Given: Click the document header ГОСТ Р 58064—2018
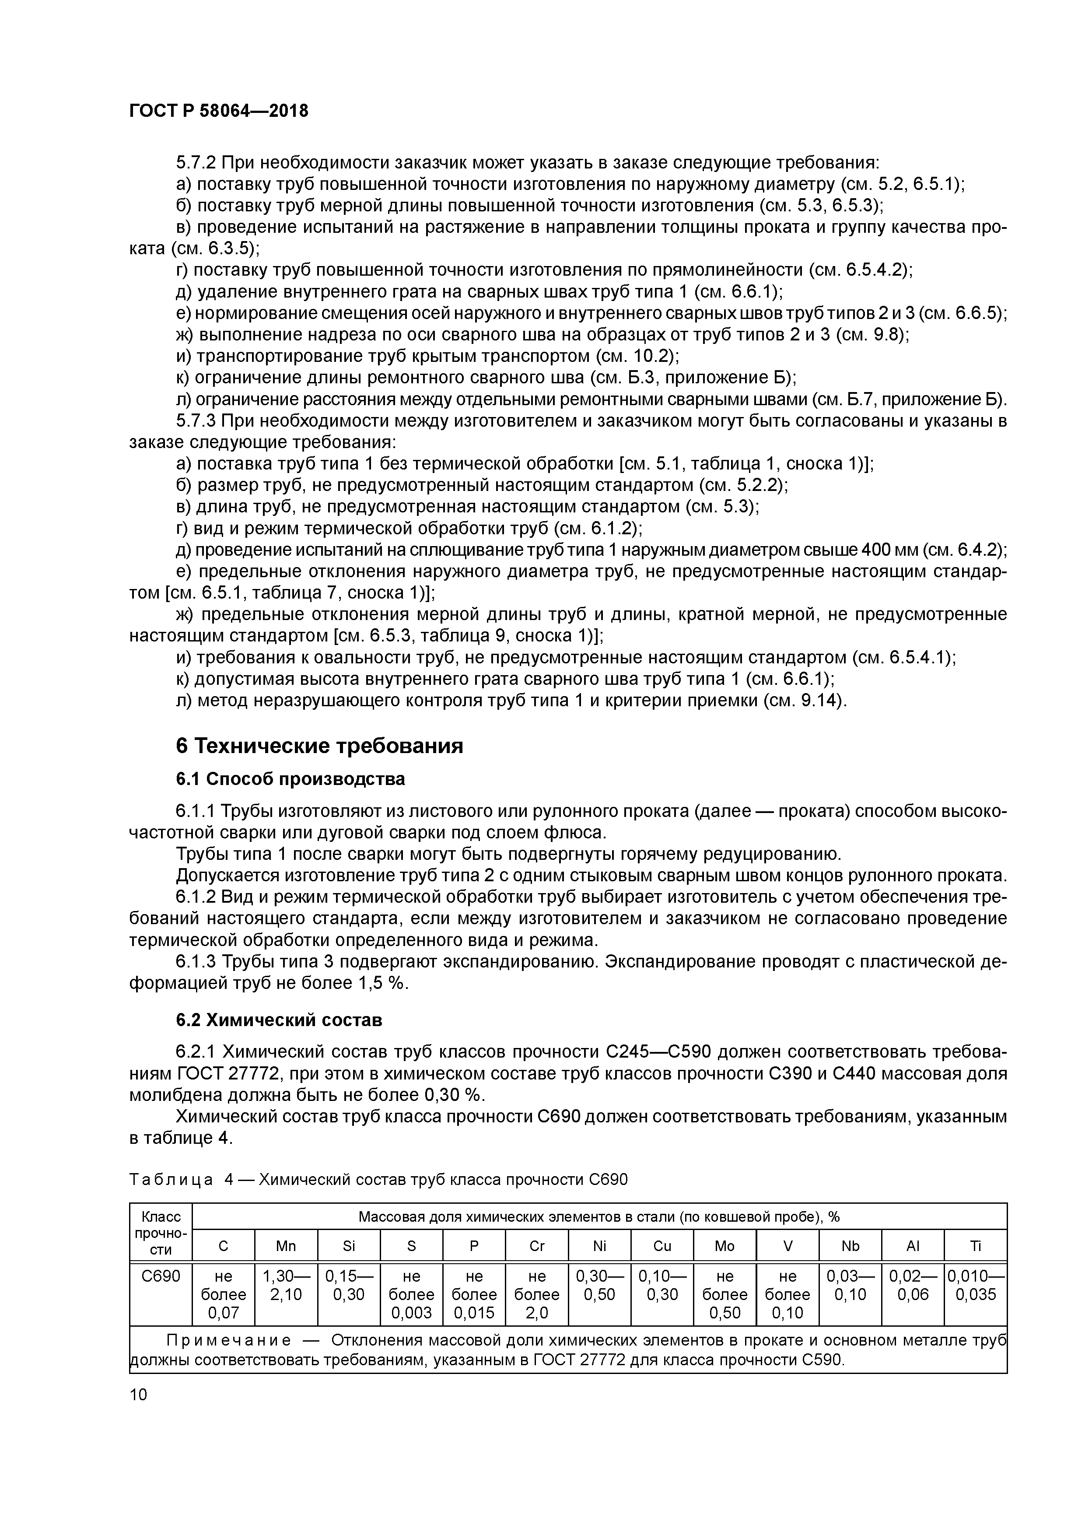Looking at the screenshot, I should (219, 111).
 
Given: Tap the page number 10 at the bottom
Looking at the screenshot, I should (138, 1395).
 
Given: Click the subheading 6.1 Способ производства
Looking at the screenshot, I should (290, 779).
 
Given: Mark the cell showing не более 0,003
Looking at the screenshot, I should (411, 1294).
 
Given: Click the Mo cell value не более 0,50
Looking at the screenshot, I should (724, 1294).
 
